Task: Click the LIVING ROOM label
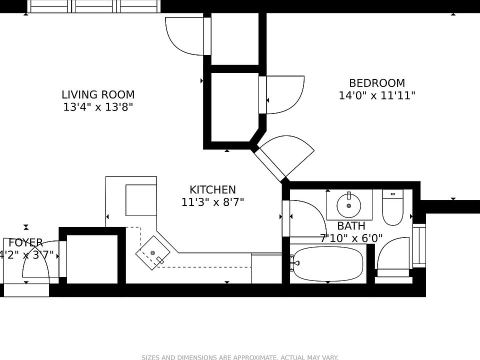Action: click(98, 94)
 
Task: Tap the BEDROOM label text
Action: click(377, 83)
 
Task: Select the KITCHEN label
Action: click(212, 190)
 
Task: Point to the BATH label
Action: click(351, 226)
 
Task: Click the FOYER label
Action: click(26, 243)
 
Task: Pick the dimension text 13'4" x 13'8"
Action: click(98, 107)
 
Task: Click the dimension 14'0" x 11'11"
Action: click(377, 95)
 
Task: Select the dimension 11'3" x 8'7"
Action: click(212, 202)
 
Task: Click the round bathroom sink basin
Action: click(348, 204)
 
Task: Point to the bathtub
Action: click(327, 263)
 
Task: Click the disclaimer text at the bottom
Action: click(240, 357)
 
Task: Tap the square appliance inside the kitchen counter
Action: click(141, 200)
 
